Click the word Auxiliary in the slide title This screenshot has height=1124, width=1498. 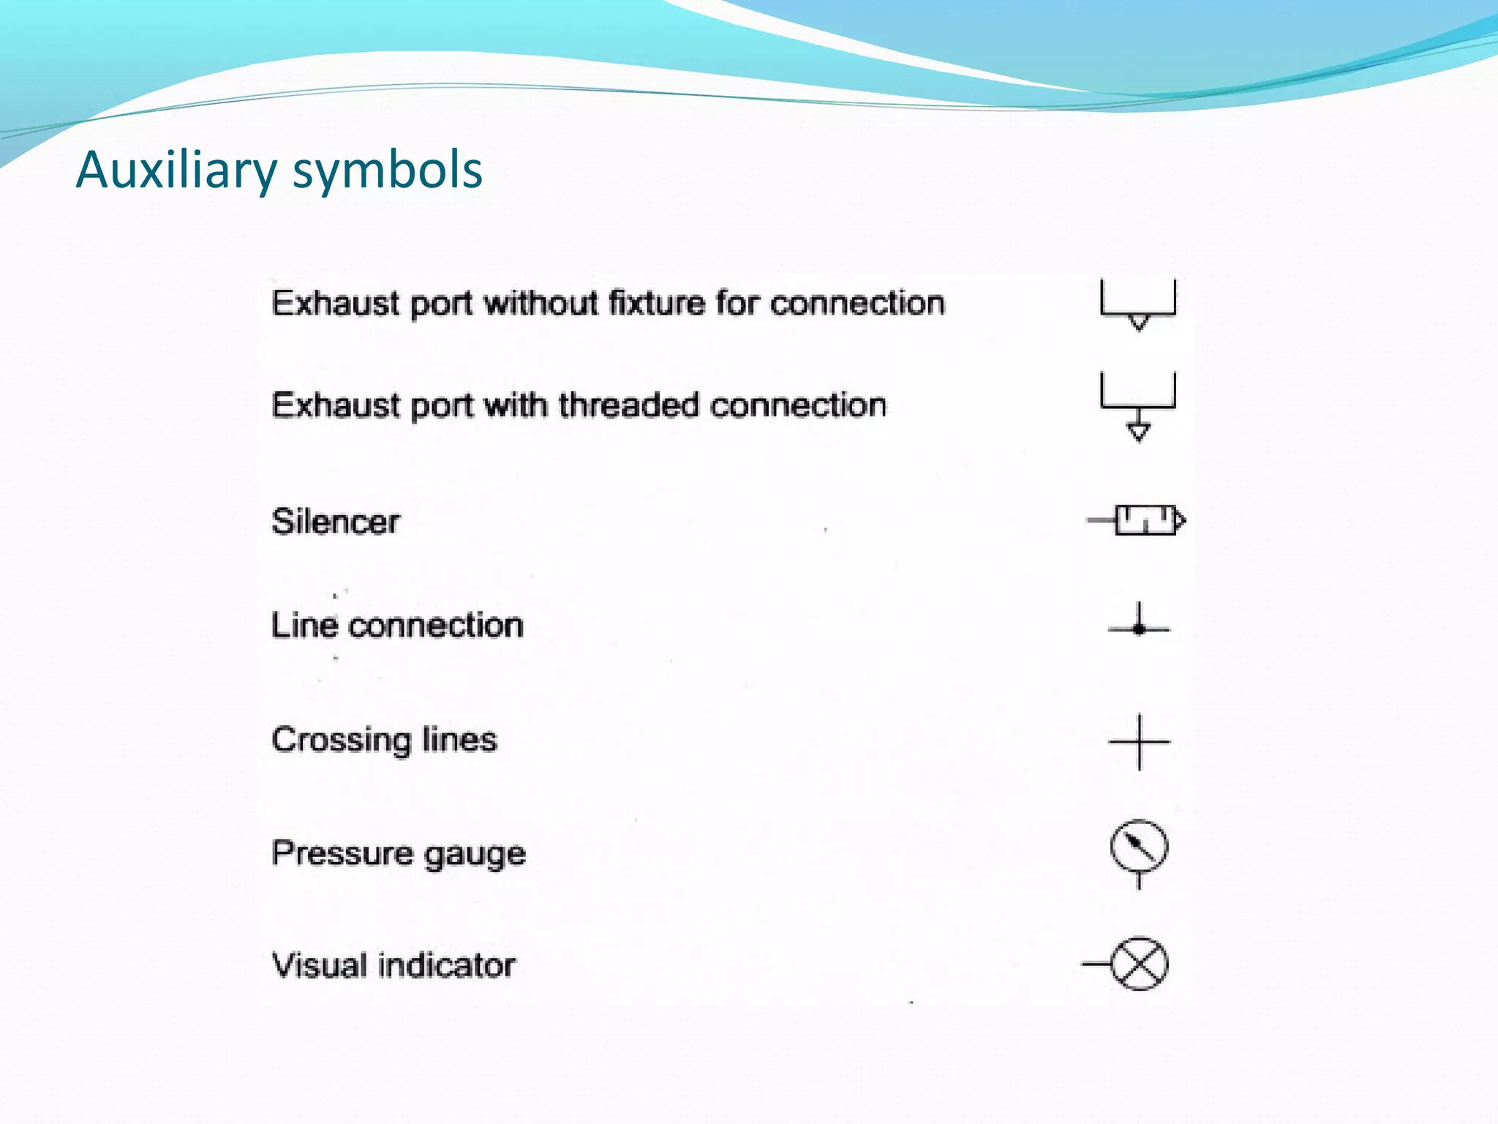[176, 170]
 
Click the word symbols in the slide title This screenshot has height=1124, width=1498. [387, 170]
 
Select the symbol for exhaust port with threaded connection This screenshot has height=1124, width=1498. [1137, 407]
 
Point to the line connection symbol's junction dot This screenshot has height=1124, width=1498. [1139, 629]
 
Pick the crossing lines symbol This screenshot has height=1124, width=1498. [1139, 742]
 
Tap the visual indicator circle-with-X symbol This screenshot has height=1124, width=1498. [1139, 964]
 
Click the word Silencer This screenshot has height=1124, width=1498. [336, 522]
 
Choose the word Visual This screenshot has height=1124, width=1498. [319, 965]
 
